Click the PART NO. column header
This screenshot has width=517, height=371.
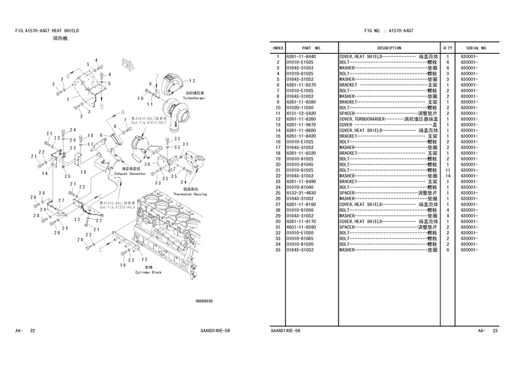(x=311, y=48)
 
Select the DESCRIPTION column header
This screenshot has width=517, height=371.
(x=389, y=48)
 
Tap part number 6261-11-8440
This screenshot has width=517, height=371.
(x=301, y=57)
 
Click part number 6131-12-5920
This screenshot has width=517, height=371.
(x=301, y=113)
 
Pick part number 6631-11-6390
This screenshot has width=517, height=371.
(x=301, y=227)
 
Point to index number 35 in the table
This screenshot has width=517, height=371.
(x=279, y=250)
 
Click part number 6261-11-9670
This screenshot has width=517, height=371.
(x=301, y=125)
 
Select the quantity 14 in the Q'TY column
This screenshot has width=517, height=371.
(x=447, y=176)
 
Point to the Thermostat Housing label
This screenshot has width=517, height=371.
(x=189, y=194)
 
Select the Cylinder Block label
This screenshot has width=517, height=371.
(x=148, y=272)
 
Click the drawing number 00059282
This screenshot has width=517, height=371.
(x=204, y=301)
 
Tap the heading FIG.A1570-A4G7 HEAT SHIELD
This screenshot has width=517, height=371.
(x=48, y=30)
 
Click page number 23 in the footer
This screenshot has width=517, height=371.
(x=495, y=331)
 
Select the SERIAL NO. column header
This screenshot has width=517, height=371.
(x=476, y=48)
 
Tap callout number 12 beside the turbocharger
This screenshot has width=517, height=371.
(x=193, y=80)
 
